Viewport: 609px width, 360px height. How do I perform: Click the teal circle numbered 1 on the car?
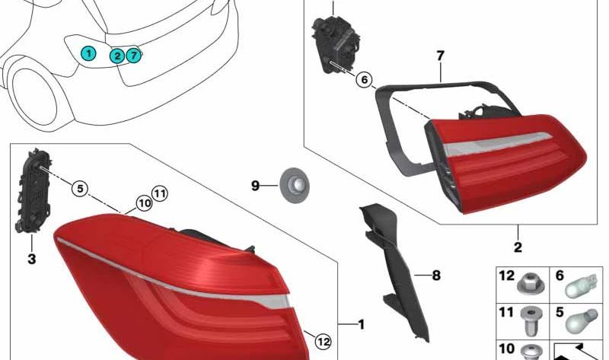[90, 53]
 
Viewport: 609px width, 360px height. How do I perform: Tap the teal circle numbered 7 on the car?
[134, 54]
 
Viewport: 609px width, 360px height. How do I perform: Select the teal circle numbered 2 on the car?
[117, 55]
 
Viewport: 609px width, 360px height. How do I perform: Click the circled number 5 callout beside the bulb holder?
[80, 187]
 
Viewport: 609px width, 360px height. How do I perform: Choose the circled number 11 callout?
[158, 194]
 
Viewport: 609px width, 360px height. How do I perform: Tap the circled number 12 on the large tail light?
[324, 342]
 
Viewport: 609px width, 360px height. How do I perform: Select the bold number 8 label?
[436, 276]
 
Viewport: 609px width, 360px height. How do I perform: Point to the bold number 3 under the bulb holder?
[31, 260]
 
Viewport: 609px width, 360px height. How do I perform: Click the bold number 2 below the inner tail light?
[518, 247]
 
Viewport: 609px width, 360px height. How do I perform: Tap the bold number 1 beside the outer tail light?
[361, 325]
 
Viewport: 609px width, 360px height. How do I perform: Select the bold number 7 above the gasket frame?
[440, 55]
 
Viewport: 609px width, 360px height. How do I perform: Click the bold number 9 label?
[256, 185]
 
